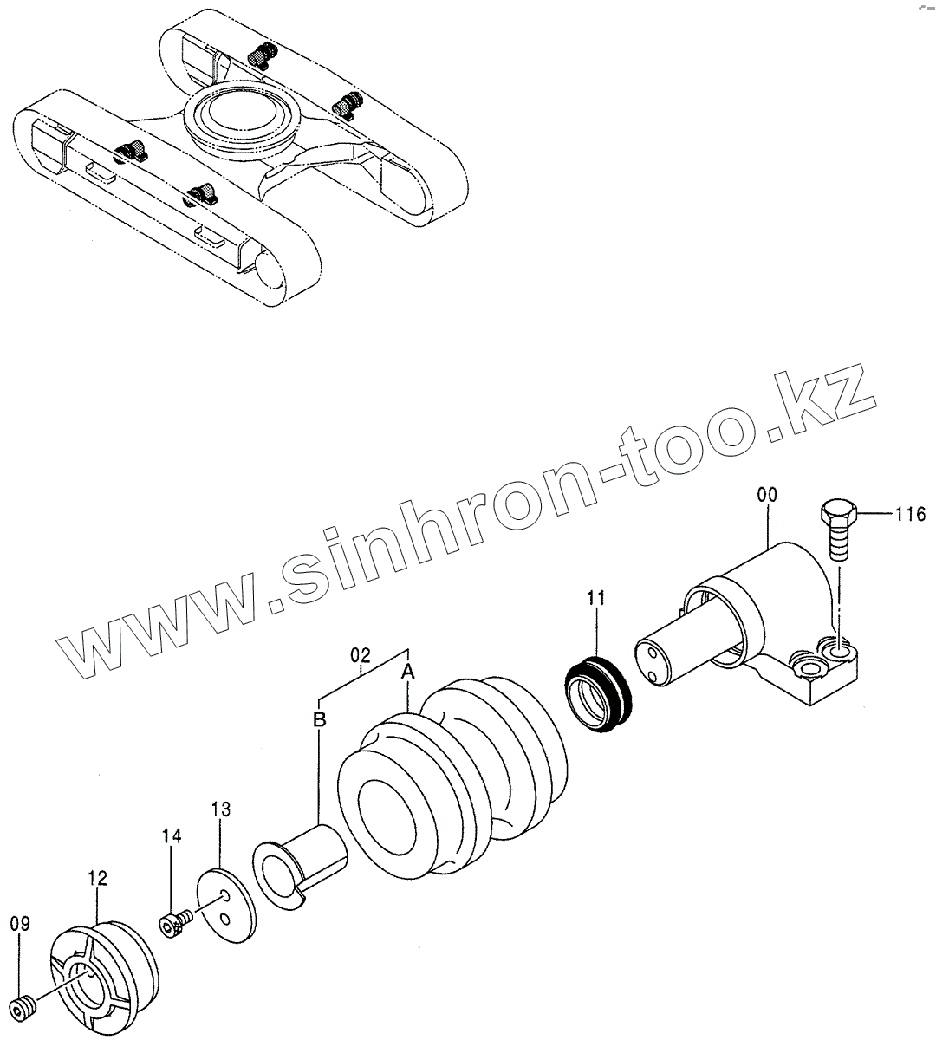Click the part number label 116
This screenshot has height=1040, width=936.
910,515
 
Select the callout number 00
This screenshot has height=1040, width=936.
766,495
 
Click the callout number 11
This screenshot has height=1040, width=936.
597,598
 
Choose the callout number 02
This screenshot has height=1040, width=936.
361,654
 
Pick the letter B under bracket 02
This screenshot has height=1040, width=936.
319,718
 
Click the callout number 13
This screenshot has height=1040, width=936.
221,809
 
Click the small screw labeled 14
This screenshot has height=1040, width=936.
173,923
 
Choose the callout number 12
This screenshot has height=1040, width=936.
97,879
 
